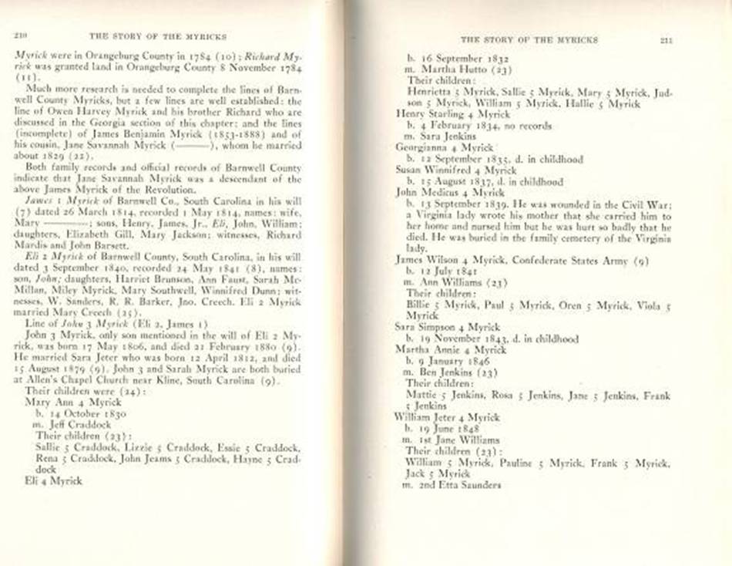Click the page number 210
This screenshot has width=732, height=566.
click(x=20, y=35)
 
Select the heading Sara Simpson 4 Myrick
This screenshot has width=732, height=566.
click(x=448, y=327)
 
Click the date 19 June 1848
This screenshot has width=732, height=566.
click(x=452, y=428)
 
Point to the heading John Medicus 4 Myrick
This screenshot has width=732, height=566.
click(x=450, y=192)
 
